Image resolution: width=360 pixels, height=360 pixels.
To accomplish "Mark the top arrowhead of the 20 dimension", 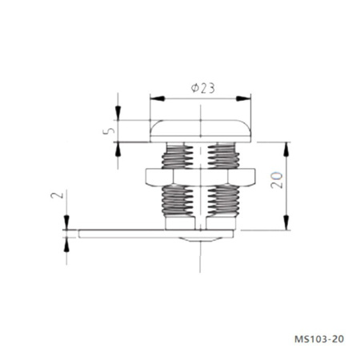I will (286, 146).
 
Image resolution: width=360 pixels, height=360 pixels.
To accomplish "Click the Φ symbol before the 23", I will (194, 89).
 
